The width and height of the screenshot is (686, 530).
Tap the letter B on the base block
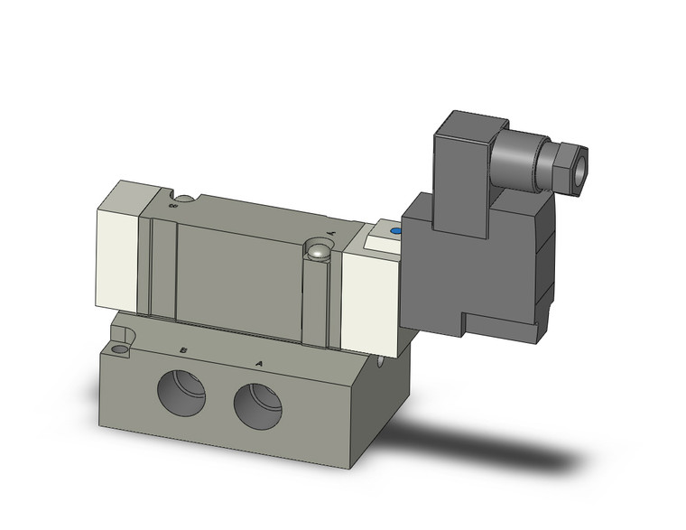coord(183,349)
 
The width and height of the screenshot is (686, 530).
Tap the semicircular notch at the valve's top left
coord(184,198)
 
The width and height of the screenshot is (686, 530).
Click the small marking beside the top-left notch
coord(171,205)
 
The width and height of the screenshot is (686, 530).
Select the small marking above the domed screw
coord(330,233)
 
